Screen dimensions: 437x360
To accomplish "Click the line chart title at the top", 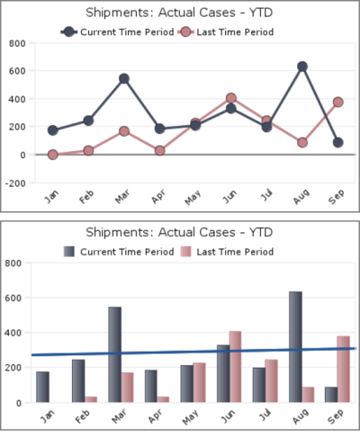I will pos(179,13).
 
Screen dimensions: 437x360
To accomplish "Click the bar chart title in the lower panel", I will pos(179,232).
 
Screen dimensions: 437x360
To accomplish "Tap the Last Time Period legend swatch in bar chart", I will pos(186,252).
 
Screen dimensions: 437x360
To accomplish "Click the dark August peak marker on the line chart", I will pos(302,67).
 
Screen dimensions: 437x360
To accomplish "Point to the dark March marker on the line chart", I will pos(123,79).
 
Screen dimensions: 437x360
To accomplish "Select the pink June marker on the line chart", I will pos(231,98).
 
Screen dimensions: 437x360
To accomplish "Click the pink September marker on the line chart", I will pos(337,103).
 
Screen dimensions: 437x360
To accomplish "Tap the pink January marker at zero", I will pos(53,155).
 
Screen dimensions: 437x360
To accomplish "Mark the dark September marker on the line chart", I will pos(337,142).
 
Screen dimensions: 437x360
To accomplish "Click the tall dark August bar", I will pos(295,346).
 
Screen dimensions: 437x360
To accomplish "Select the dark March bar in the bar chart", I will pos(114,354).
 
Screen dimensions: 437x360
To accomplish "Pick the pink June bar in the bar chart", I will pos(235,367).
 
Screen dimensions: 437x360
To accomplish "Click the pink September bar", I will pos(343,370).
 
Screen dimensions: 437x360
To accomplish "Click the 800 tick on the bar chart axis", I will pos(12,263).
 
